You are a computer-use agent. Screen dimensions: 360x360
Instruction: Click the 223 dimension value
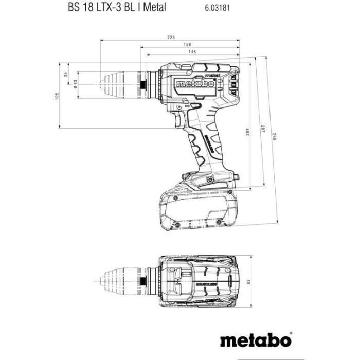171,37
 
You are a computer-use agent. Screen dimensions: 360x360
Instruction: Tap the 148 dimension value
192,52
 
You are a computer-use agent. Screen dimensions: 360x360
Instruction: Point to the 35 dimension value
65,74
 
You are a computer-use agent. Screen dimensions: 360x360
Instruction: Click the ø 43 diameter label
75,84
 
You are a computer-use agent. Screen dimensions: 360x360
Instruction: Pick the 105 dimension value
58,96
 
